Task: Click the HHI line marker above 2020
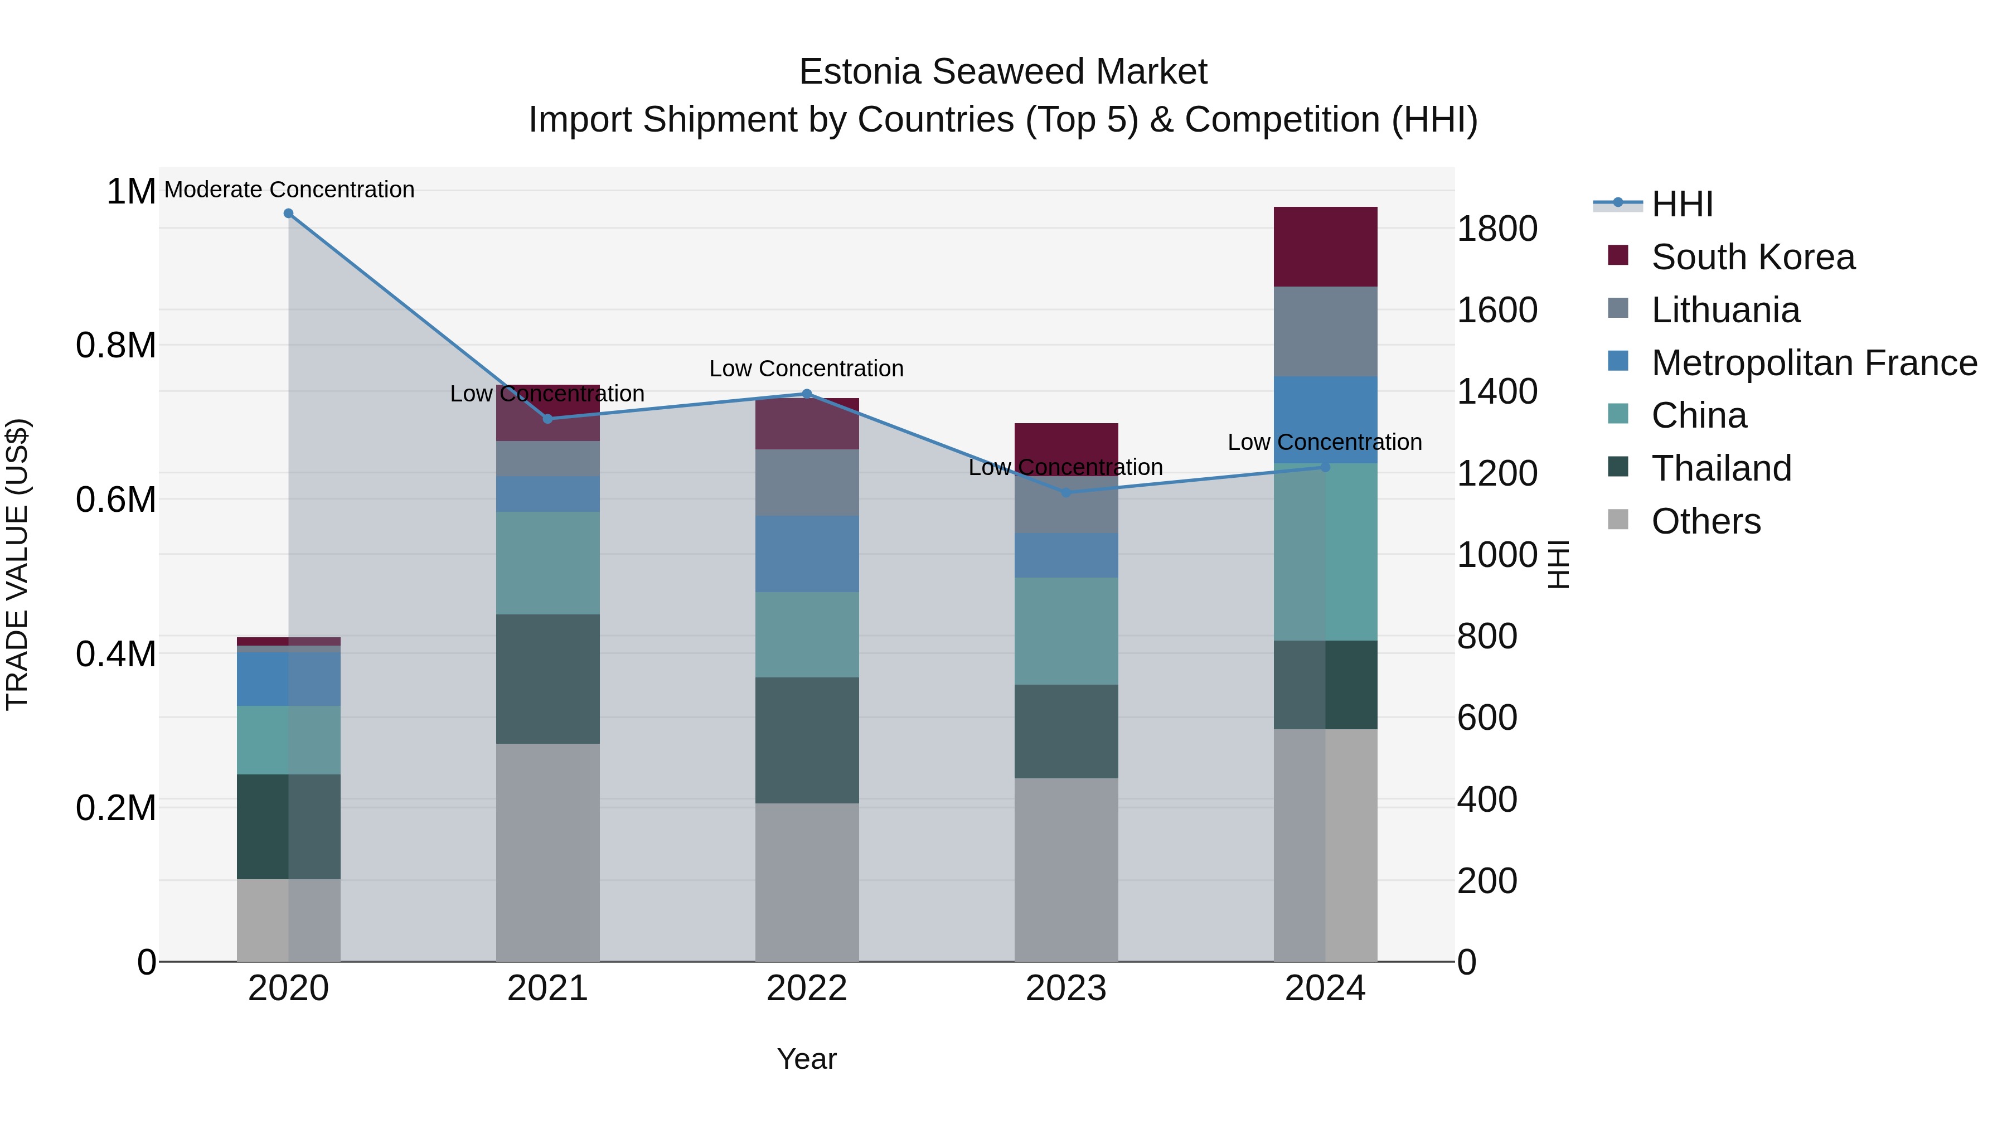(x=288, y=214)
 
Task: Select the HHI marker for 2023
(x=1066, y=492)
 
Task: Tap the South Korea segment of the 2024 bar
(x=1325, y=246)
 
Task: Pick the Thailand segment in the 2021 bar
(x=547, y=679)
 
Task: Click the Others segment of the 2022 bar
(x=806, y=882)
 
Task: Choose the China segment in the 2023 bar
(x=1066, y=631)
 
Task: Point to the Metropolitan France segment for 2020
(x=288, y=679)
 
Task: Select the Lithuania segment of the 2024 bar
(x=1325, y=331)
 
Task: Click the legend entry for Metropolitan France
(x=1814, y=363)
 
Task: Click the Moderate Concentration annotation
(x=289, y=190)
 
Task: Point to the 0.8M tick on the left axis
(x=116, y=345)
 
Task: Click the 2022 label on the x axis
(x=806, y=989)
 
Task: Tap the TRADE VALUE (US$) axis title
(x=17, y=564)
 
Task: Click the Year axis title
(x=806, y=1059)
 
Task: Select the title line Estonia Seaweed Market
(x=1003, y=72)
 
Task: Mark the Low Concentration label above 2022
(x=806, y=369)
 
